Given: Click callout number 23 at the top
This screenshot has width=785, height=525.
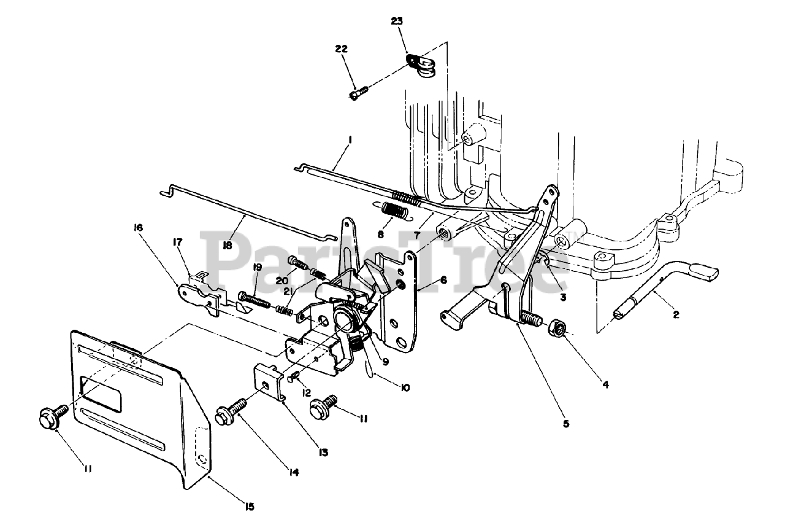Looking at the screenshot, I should (398, 21).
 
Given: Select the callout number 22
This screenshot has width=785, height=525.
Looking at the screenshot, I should (342, 49).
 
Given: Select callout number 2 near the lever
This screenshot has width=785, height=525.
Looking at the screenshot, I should (675, 315).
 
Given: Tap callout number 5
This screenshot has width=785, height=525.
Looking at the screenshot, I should (566, 423).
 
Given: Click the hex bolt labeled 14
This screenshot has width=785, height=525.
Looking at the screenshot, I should (232, 409).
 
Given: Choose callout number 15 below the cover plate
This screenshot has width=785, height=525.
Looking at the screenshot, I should (250, 507).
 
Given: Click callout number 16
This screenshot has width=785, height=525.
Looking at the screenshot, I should (138, 227).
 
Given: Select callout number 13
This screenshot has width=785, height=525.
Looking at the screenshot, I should (323, 453).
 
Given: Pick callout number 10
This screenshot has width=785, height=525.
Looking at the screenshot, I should (404, 387).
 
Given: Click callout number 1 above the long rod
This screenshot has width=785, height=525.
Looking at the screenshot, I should (349, 140).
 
